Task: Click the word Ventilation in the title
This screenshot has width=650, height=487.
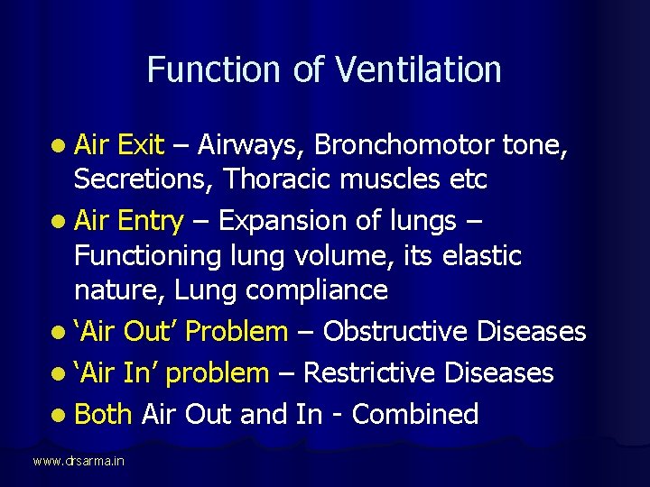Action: [419, 69]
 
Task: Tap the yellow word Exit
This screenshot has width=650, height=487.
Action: [141, 144]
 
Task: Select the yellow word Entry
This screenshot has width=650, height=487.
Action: [150, 221]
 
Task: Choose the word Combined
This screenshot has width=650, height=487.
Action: [415, 415]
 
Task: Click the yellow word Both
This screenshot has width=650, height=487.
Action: [103, 414]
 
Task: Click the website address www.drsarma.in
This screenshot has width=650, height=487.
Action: [79, 461]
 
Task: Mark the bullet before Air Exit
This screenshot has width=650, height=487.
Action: [59, 145]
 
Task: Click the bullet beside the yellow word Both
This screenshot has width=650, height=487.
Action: [59, 415]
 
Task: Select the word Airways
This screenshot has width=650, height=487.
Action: [253, 145]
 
